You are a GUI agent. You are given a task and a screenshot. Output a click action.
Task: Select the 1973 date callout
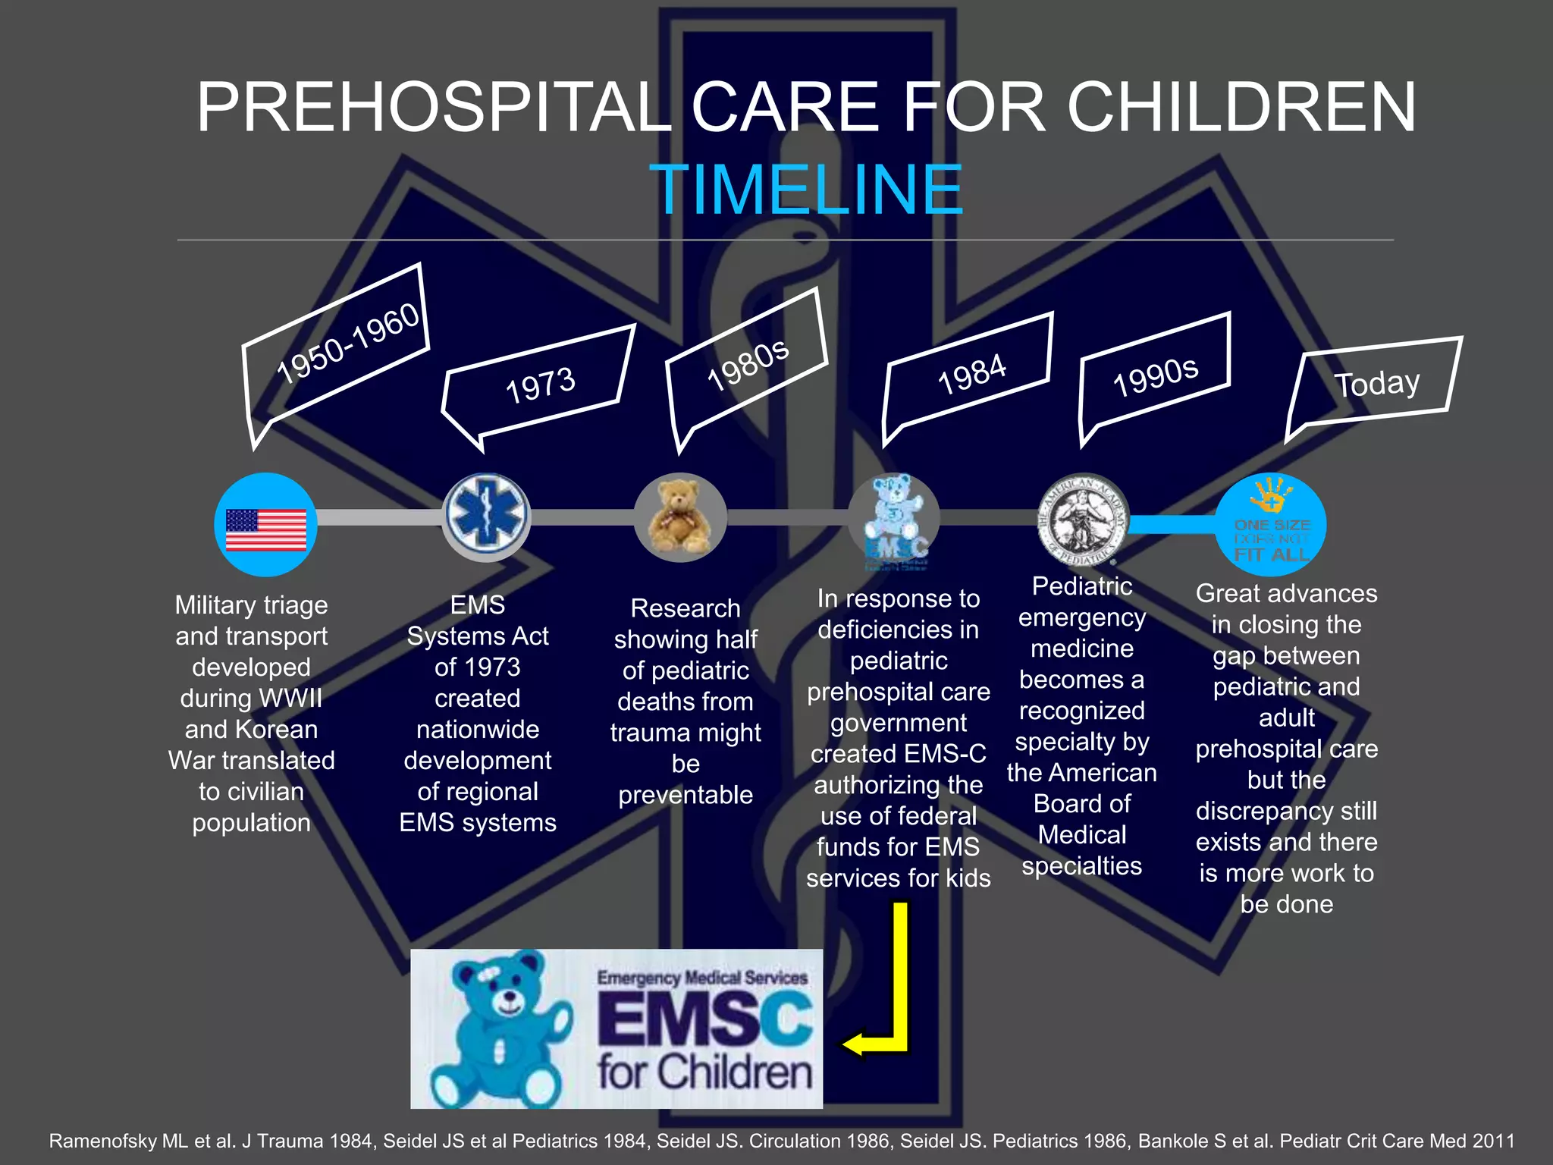[x=540, y=385]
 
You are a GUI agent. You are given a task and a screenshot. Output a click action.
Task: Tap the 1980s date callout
[x=748, y=366]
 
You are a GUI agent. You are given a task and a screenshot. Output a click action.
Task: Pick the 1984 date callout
[x=971, y=375]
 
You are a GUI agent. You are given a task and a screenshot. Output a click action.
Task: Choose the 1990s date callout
[x=1155, y=376]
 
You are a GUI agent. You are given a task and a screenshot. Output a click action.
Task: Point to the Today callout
[x=1377, y=383]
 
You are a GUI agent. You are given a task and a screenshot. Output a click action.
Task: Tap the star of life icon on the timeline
[x=486, y=516]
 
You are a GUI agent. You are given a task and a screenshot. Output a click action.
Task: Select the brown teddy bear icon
[x=680, y=517]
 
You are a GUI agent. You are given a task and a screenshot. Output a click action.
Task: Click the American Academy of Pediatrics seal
[x=1083, y=520]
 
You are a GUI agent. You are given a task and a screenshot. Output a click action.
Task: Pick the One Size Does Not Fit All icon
[x=1272, y=523]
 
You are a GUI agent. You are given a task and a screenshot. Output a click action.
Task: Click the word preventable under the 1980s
[x=686, y=795]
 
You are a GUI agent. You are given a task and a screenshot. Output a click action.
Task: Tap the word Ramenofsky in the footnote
[x=103, y=1141]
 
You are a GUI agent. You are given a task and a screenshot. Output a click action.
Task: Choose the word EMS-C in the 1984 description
[x=943, y=754]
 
